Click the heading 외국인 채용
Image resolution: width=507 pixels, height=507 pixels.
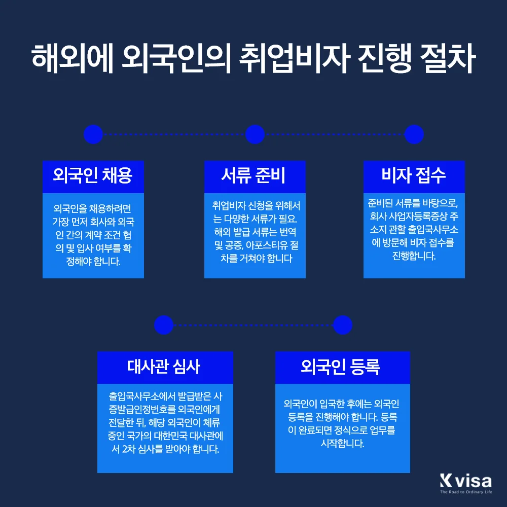(x=93, y=176)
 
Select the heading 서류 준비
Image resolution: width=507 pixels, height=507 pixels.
(x=255, y=176)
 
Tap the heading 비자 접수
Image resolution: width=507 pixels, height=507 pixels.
(x=414, y=176)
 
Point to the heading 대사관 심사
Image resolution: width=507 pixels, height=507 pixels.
(x=165, y=367)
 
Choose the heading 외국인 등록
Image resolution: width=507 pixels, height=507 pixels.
(x=342, y=367)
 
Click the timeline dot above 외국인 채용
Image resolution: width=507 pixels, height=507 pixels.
(x=93, y=134)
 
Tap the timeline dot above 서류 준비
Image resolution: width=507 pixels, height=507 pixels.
(x=255, y=134)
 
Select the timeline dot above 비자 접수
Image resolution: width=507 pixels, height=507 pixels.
(x=414, y=134)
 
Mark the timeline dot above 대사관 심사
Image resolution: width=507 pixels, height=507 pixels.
(x=164, y=325)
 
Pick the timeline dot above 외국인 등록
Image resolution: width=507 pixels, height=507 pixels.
(x=343, y=325)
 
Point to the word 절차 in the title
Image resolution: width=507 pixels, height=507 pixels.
(x=446, y=60)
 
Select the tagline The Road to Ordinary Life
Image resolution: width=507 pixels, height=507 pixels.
(x=466, y=492)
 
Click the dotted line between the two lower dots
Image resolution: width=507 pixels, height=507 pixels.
(x=253, y=325)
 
